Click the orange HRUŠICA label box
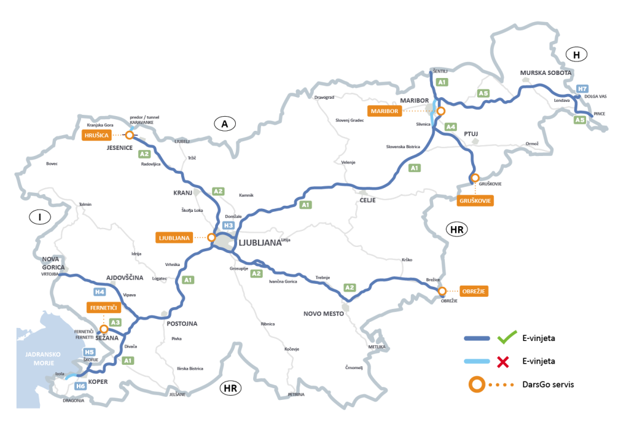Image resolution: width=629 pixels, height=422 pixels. click(96, 135)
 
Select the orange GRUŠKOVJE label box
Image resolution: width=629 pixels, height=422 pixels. click(476, 200)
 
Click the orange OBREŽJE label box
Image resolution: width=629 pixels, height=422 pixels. click(474, 291)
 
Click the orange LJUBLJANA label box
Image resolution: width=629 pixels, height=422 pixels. click(174, 237)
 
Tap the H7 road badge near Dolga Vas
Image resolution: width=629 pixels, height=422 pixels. click(582, 89)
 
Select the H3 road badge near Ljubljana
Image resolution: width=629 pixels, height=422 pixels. click(228, 226)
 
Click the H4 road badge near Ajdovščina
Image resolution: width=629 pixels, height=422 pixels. click(99, 292)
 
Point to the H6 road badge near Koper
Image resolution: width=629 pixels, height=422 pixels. click(80, 386)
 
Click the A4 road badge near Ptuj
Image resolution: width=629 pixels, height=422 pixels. click(451, 127)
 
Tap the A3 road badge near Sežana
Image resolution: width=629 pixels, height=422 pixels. click(115, 322)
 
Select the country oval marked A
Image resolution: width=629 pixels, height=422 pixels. click(225, 124)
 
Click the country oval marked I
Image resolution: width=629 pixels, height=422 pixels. click(40, 217)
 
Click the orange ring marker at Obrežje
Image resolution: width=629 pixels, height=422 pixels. click(442, 291)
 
